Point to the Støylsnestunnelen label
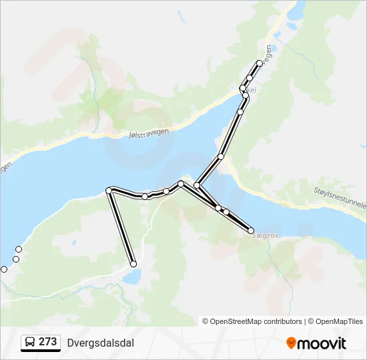tap(340, 198)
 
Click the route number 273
tap(47, 342)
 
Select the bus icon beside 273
tap(31, 343)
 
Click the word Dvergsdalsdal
tap(101, 343)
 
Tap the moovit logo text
tap(322, 343)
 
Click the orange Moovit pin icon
tap(291, 343)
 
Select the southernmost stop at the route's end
tap(133, 263)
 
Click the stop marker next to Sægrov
tap(251, 231)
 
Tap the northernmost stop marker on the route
tap(260, 63)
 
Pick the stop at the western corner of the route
tap(109, 191)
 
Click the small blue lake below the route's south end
tap(131, 276)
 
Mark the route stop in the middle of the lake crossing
tap(220, 157)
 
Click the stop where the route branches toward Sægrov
tap(197, 185)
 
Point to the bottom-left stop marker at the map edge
tap(4, 269)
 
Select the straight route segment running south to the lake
tap(121, 227)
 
